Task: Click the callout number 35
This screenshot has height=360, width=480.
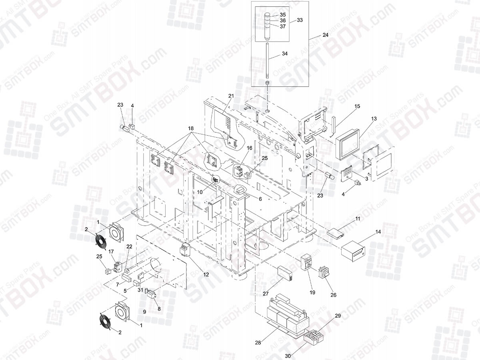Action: (282, 15)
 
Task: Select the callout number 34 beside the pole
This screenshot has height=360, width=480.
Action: (284, 54)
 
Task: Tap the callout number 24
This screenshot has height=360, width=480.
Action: (325, 35)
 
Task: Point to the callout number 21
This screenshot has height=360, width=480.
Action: (231, 96)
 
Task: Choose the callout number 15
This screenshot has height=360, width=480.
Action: (357, 106)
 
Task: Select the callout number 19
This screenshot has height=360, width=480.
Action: (312, 293)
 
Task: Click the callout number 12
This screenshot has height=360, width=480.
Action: (206, 274)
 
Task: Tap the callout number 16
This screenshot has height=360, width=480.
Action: (249, 148)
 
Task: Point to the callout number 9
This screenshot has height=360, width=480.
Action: (144, 311)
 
